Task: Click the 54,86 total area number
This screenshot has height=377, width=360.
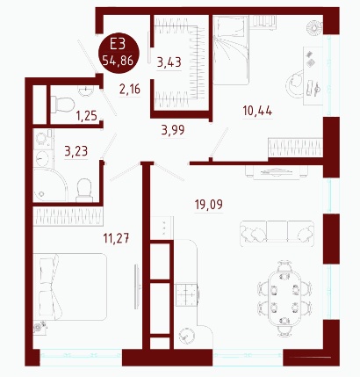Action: click(118, 61)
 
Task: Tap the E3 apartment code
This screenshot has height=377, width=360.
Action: click(118, 45)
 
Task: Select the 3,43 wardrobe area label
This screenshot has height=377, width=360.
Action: click(169, 62)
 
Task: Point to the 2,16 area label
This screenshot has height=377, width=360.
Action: click(130, 89)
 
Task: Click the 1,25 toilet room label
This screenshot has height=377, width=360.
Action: click(87, 116)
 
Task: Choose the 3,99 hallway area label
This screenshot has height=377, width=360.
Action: click(173, 129)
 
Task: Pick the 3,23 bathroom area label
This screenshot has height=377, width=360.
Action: click(76, 152)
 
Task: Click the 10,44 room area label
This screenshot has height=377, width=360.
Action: click(257, 111)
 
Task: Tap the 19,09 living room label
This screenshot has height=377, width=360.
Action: click(209, 205)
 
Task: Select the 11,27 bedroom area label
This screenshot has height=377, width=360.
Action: click(116, 238)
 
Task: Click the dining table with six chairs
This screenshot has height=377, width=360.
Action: click(284, 299)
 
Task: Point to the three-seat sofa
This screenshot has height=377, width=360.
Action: click(277, 231)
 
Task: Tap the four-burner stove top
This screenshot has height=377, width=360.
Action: click(187, 295)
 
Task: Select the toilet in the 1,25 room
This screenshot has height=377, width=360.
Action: click(62, 105)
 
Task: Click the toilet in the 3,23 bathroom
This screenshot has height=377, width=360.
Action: click(84, 191)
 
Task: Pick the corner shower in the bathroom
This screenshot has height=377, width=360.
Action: click(50, 185)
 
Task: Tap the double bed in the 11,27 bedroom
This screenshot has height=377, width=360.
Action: click(70, 286)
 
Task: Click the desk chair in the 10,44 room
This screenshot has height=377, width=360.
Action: click(295, 83)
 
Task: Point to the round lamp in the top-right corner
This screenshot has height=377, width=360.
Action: click(314, 28)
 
